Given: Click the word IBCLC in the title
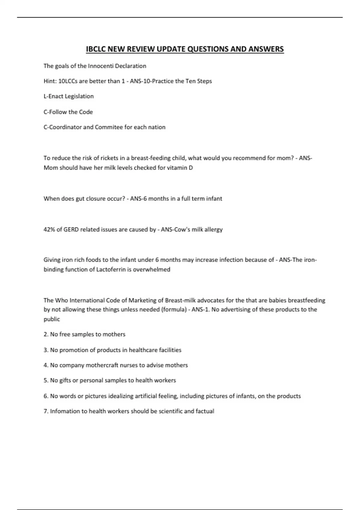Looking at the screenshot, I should [x=96, y=49].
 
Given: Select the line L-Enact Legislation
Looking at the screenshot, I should [x=68, y=96].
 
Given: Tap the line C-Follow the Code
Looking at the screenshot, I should [x=68, y=112].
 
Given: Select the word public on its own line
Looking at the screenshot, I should [x=52, y=319].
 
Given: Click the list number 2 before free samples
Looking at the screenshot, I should [x=46, y=334].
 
